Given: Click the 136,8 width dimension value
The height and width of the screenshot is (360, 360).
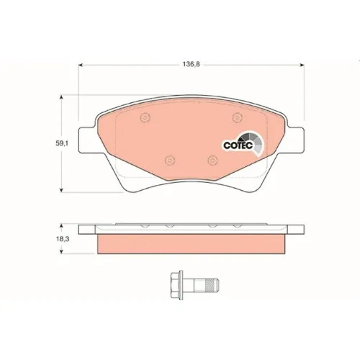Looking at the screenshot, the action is (x=192, y=64).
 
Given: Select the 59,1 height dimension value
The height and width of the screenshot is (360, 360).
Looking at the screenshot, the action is (x=62, y=143).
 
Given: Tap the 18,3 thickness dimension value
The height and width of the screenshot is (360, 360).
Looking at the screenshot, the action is (x=63, y=239).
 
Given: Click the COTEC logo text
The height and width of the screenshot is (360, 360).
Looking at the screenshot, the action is (x=238, y=145).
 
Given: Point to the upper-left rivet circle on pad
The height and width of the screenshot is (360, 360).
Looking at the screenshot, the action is (x=145, y=117).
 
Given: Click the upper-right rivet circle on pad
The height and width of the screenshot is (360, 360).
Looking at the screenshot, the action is (x=237, y=117).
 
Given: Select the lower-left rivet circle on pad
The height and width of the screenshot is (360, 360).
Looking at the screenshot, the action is (x=170, y=160).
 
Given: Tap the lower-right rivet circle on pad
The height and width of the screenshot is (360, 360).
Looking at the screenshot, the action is (x=212, y=160).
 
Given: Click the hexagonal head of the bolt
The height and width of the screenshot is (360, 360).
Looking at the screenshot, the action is (x=176, y=284).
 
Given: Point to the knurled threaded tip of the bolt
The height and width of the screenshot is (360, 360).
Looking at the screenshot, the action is (x=212, y=284).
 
